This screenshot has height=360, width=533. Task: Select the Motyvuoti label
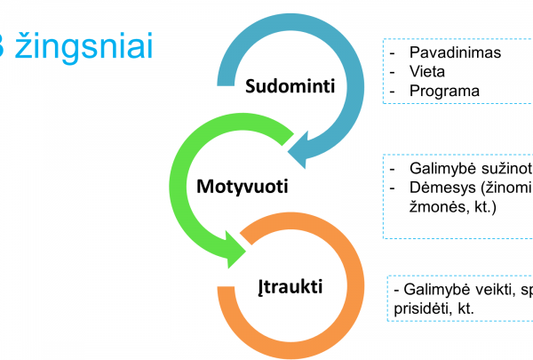pyautogui.click(x=243, y=188)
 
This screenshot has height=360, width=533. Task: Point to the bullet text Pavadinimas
pyautogui.click(x=455, y=52)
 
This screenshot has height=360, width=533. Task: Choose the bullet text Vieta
pyautogui.click(x=426, y=71)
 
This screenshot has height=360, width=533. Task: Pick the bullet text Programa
pyautogui.click(x=444, y=91)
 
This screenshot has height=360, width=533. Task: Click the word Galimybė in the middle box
pyautogui.click(x=441, y=168)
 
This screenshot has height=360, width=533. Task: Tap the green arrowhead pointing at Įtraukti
pyautogui.click(x=237, y=248)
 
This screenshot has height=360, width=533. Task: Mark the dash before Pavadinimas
pyautogui.click(x=393, y=52)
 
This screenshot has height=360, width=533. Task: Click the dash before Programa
pyautogui.click(x=393, y=91)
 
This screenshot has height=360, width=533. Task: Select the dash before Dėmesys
pyautogui.click(x=393, y=188)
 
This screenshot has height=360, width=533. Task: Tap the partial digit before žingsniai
pyautogui.click(x=4, y=47)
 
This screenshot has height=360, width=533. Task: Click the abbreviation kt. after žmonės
pyautogui.click(x=486, y=207)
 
